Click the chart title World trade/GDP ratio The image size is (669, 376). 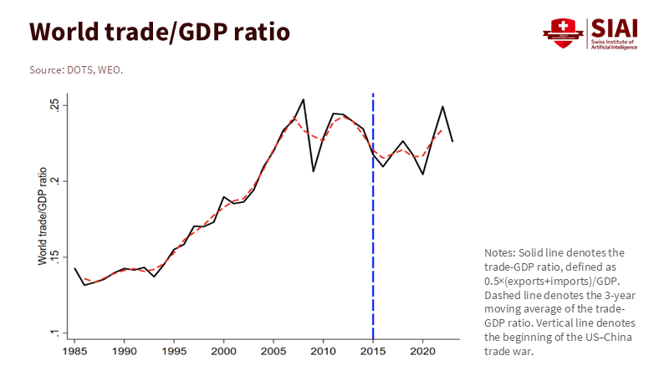(x=160, y=32)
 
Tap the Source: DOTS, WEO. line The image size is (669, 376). (x=76, y=70)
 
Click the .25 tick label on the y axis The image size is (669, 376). (x=54, y=105)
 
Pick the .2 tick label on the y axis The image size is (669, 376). (x=54, y=181)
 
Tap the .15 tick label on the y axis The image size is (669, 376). (x=54, y=257)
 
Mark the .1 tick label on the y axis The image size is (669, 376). (x=54, y=333)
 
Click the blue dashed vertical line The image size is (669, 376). (x=373, y=251)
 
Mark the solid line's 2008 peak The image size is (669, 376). (x=303, y=99)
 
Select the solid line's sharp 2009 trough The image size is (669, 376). (x=313, y=171)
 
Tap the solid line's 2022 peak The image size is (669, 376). (x=442, y=107)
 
